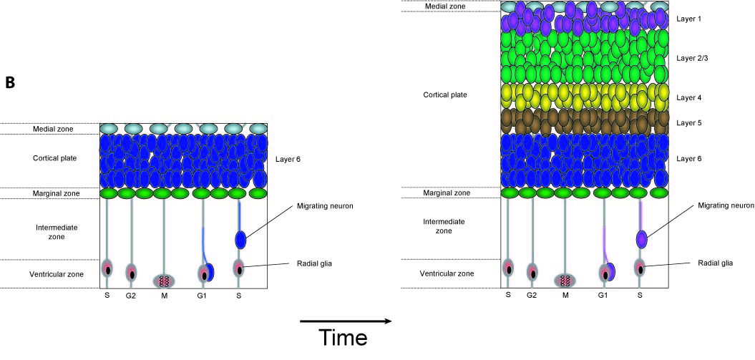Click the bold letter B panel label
pyautogui.click(x=11, y=83)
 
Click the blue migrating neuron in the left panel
pyautogui.click(x=241, y=239)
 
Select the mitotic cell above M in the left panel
pyautogui.click(x=165, y=280)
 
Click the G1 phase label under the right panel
pyautogui.click(x=603, y=295)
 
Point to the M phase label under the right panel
pyautogui.click(x=565, y=295)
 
